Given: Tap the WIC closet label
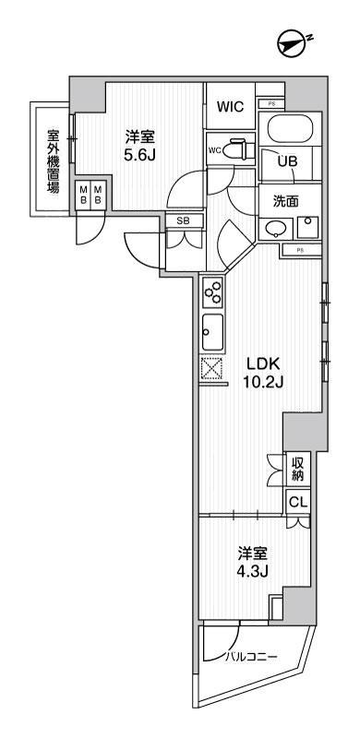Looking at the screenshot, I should point(230,107).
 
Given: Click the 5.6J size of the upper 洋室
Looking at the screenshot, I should point(141,154).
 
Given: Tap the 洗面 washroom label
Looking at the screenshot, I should point(284,200).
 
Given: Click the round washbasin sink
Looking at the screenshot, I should point(274,229).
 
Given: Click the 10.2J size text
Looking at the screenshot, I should point(261,383).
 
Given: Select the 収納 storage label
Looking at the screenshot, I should point(298,468).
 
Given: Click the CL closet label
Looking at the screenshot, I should point(297,503).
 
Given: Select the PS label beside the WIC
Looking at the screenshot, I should point(271,103).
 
